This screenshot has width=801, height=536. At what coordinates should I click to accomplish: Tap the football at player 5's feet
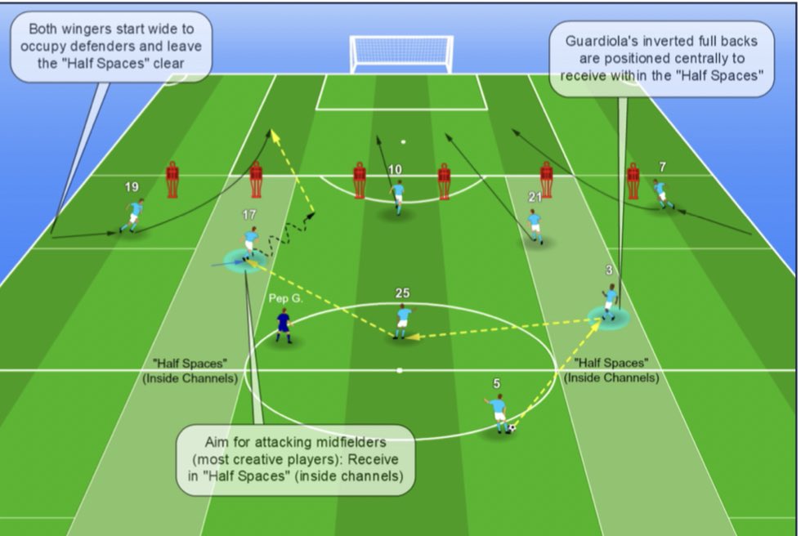coord(510,427)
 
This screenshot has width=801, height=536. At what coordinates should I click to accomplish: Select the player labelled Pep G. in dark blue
coord(283,325)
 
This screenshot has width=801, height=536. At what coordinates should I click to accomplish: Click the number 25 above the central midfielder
coord(402,293)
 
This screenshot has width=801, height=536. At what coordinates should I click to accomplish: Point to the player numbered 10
coord(397,197)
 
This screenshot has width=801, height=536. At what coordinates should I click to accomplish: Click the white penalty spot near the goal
coord(403,142)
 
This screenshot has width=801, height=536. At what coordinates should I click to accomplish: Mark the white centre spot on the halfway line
coord(400,371)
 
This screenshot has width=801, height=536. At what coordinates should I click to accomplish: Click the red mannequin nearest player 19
coord(172,180)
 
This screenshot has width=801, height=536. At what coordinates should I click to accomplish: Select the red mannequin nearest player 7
coord(633,181)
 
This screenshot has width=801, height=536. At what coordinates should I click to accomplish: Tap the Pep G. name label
coord(286,298)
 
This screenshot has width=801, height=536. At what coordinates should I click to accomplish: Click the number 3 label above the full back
coord(609,269)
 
